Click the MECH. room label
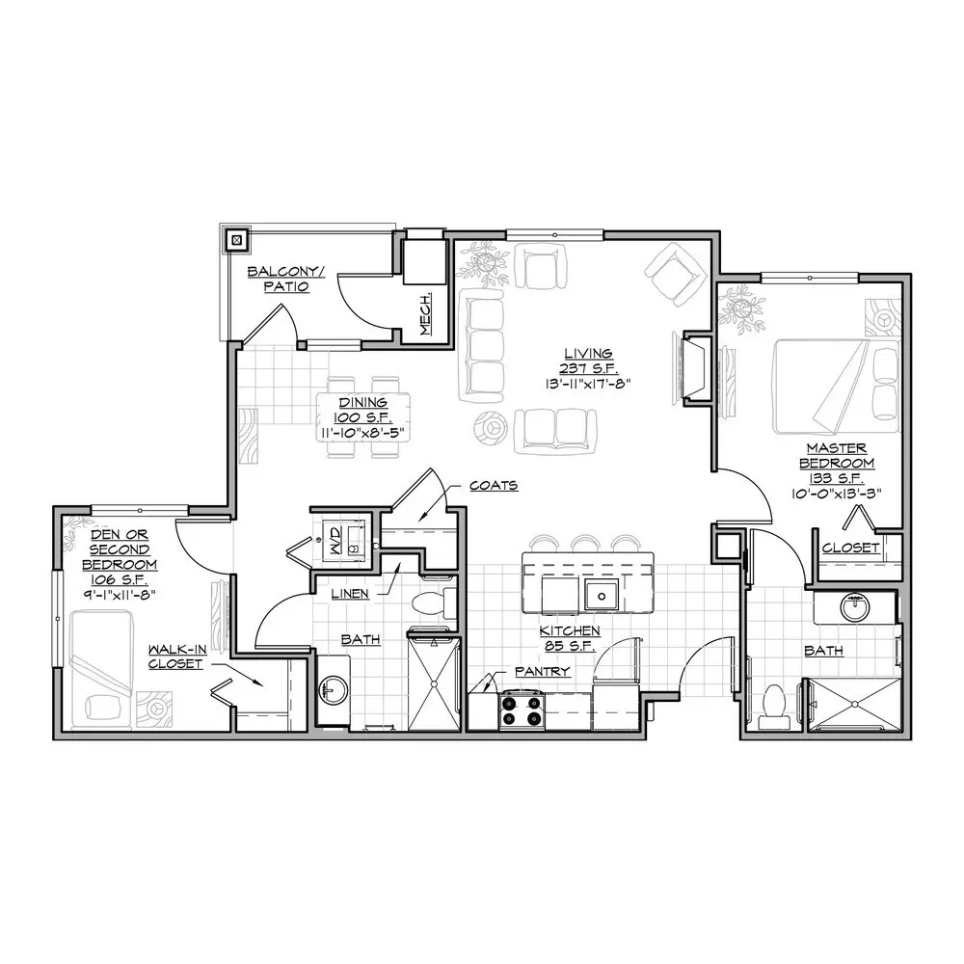(426, 313)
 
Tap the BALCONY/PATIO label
(286, 280)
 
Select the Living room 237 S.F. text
(588, 369)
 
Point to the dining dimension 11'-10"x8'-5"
(363, 432)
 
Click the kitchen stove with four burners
(522, 710)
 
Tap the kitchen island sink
(602, 595)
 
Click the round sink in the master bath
(854, 607)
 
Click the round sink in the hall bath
(333, 690)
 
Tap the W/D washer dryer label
(335, 541)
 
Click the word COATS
(494, 486)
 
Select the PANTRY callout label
(543, 671)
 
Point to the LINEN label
(349, 594)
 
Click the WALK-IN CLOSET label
(175, 656)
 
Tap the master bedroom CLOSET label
(851, 548)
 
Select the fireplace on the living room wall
(692, 368)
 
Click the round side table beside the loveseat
(490, 425)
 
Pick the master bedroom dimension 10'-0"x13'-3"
(836, 493)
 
